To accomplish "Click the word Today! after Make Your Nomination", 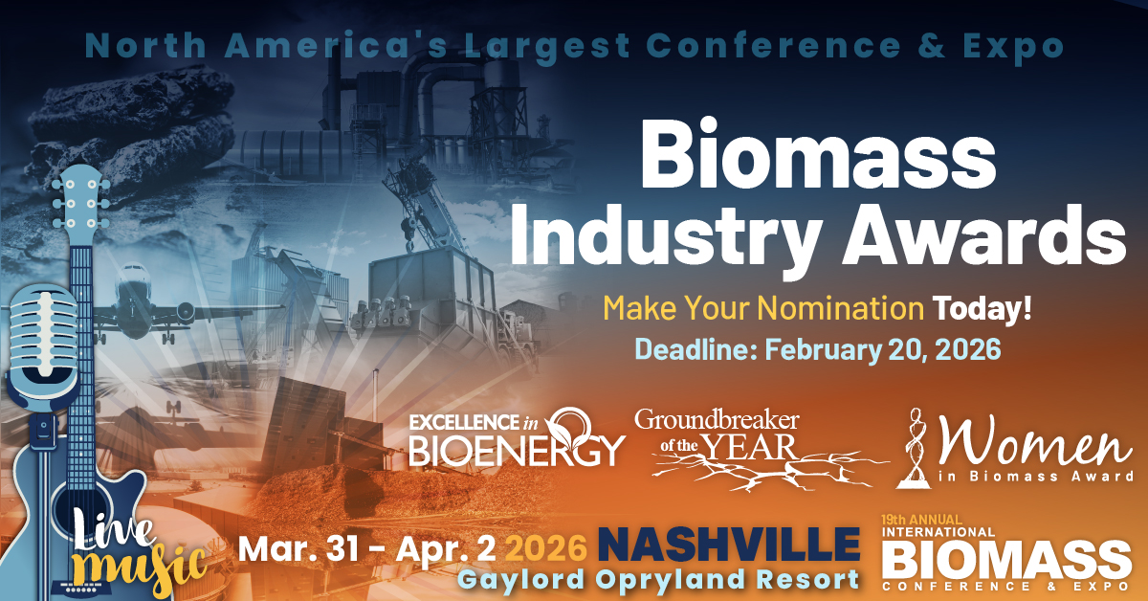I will (986, 308).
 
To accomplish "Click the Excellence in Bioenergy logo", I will (517, 439).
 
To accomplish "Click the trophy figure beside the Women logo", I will (919, 443).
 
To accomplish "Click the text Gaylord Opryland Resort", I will (657, 579).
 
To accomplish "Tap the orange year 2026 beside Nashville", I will (545, 547).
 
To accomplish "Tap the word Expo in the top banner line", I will (1025, 46).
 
